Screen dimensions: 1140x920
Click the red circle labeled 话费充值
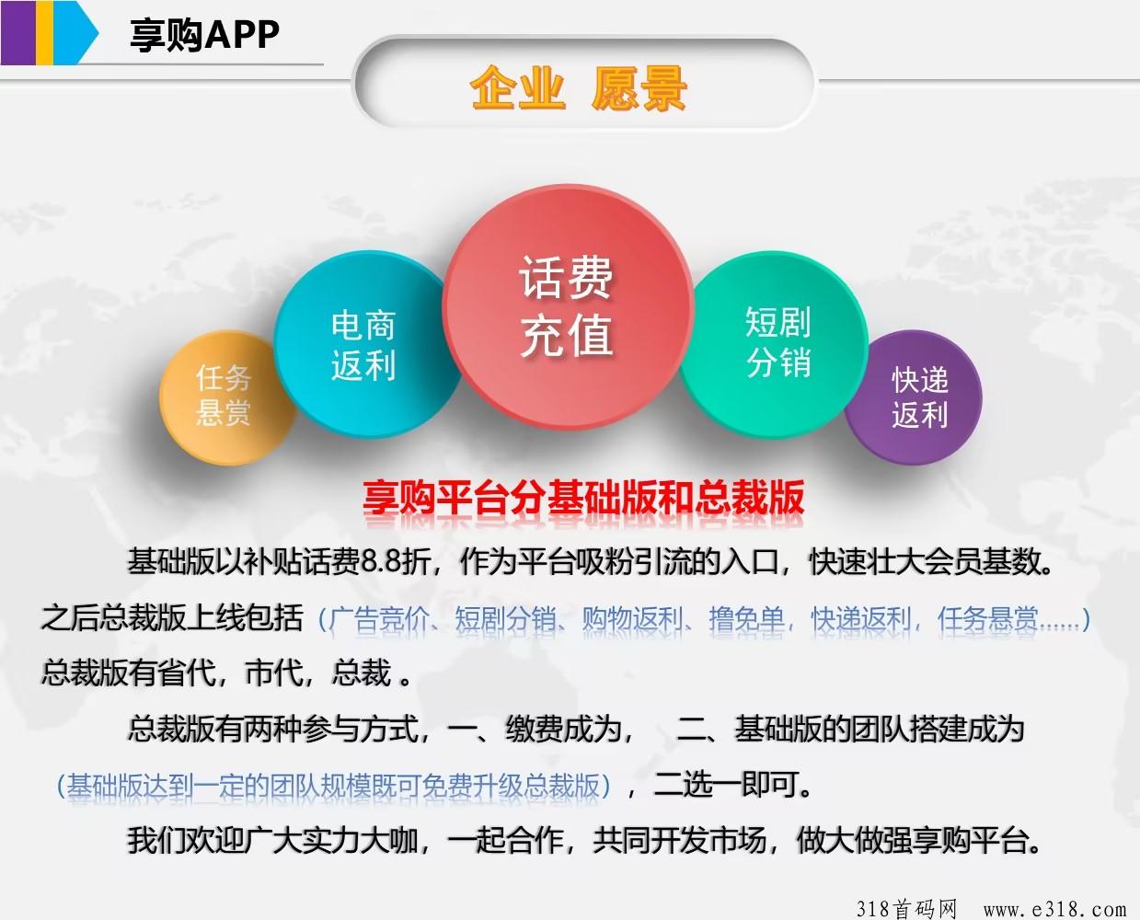point(568,306)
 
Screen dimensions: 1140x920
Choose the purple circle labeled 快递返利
point(915,397)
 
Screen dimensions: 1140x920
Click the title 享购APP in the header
point(204,35)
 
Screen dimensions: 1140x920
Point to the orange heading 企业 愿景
point(578,88)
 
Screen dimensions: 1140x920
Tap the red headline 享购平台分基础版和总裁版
point(583,497)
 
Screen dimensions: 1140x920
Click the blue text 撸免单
point(746,619)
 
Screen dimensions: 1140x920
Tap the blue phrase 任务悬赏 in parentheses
point(987,619)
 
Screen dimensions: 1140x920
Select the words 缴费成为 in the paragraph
point(563,729)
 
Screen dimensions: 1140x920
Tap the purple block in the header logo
point(18,32)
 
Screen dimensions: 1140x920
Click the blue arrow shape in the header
point(75,32)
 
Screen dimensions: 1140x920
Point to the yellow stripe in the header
point(45,32)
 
